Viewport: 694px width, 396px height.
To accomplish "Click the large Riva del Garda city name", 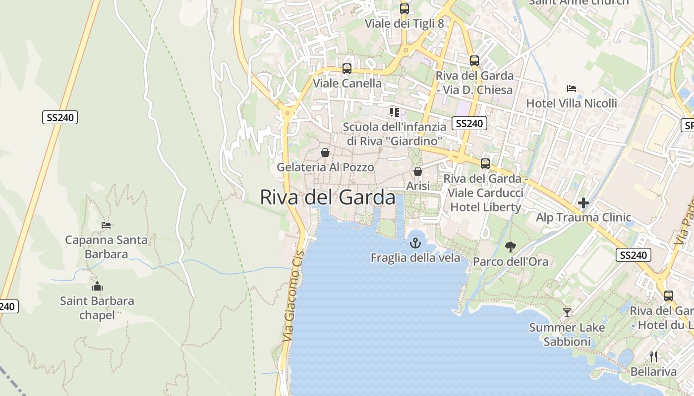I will click(x=328, y=197).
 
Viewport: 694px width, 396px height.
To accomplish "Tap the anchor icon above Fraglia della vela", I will click(x=415, y=243).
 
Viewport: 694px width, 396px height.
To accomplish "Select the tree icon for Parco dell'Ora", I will click(x=510, y=247).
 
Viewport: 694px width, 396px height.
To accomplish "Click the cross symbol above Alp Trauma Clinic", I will click(x=583, y=203).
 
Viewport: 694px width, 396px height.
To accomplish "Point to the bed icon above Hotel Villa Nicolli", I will click(x=572, y=89).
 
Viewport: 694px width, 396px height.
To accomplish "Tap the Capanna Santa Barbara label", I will click(x=106, y=247).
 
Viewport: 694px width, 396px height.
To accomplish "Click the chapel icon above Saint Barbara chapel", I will click(x=97, y=286).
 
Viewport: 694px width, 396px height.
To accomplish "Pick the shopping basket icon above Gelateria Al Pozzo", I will click(x=325, y=152).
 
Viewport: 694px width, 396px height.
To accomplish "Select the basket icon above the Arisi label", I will click(x=418, y=171).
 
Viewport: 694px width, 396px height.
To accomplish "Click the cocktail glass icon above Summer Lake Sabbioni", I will click(x=567, y=313).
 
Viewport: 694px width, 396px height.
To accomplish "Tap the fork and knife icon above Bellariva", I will click(x=653, y=356).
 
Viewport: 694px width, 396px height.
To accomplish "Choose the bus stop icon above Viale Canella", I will click(x=347, y=68).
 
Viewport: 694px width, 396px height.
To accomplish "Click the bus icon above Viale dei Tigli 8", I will click(x=405, y=8).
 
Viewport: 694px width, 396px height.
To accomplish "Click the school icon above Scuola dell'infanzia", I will click(x=394, y=112).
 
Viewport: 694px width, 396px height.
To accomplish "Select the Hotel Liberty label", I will click(x=486, y=207).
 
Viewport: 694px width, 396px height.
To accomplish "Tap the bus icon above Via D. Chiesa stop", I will click(x=474, y=61).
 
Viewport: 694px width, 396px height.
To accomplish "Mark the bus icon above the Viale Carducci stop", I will click(x=485, y=163).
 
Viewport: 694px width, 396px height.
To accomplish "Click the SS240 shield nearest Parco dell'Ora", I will click(x=633, y=255).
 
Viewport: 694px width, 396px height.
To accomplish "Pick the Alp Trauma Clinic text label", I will click(x=583, y=217).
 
